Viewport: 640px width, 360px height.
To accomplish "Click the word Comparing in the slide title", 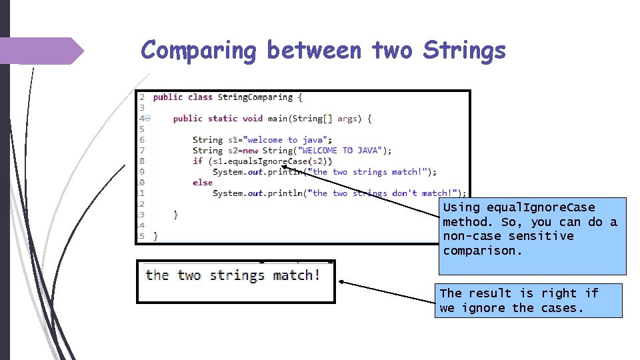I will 199,51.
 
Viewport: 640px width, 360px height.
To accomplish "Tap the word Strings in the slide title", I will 464,51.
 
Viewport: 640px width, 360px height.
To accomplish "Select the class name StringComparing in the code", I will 255,97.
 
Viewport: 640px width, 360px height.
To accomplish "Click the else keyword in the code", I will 202,183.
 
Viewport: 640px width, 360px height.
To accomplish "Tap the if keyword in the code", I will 197,161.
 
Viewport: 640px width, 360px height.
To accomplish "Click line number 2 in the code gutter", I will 141,97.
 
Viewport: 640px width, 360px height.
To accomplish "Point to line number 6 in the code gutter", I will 141,140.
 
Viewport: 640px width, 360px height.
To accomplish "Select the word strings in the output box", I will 237,275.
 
